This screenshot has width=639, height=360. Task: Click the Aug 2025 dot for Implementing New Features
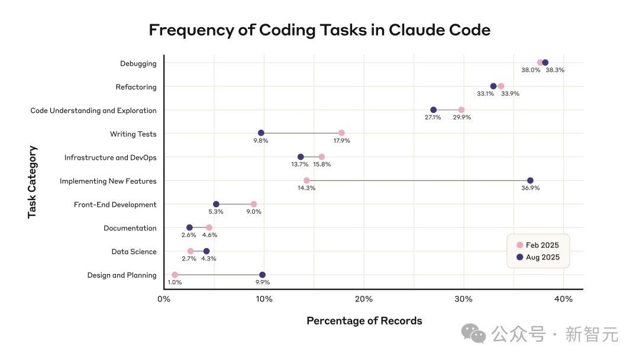530,181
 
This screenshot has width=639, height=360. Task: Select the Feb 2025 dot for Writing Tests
341,133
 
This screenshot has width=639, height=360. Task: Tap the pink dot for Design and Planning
175,275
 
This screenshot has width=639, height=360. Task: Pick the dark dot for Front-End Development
216,204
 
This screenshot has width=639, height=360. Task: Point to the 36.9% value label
530,188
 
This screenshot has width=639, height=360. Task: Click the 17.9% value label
341,141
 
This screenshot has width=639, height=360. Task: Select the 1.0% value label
175,282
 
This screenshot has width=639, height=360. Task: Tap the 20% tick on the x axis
364,299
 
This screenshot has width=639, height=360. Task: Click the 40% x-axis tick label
563,299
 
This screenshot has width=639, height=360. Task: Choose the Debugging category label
138,63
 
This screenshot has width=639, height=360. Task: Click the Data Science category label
134,252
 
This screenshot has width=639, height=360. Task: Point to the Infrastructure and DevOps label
111,157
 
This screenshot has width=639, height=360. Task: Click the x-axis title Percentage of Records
364,321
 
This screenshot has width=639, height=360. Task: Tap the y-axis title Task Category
32,182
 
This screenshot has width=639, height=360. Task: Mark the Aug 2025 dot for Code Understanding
434,110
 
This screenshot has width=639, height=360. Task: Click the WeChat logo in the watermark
473,334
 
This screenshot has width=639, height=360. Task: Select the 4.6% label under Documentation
209,235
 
